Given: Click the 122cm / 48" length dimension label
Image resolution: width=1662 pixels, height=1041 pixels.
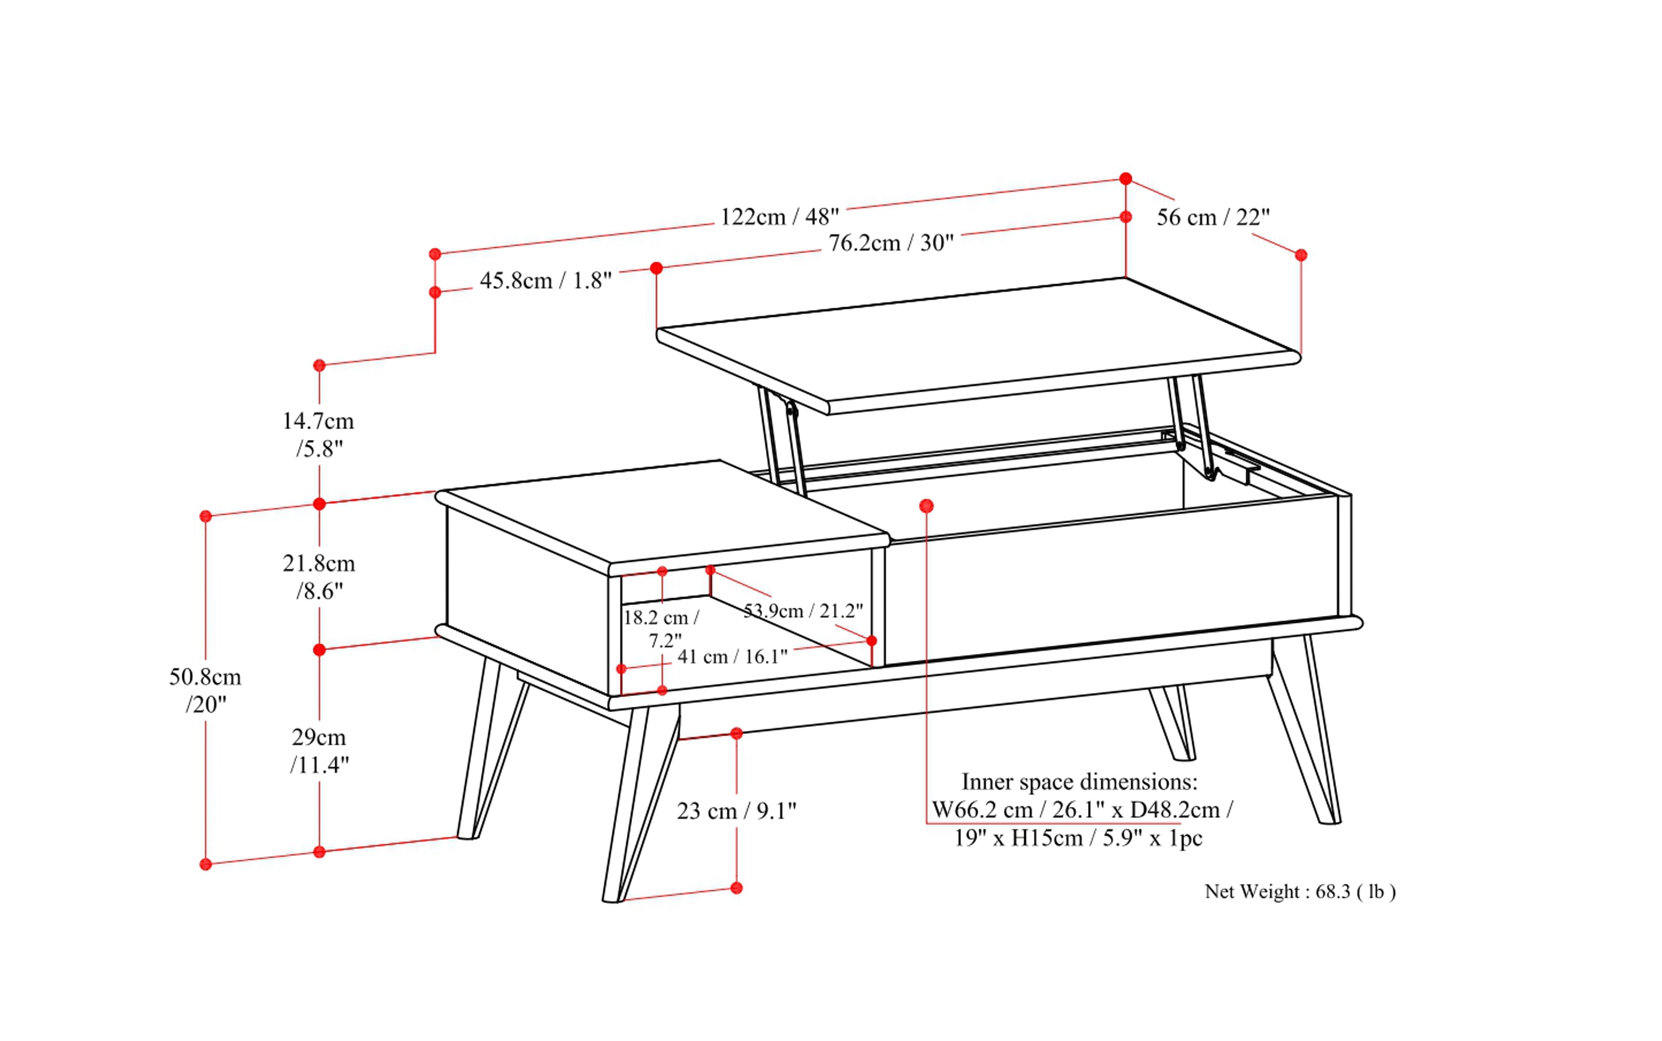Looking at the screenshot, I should click(779, 217).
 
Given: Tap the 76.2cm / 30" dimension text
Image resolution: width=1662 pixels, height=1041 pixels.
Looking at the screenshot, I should click(891, 243).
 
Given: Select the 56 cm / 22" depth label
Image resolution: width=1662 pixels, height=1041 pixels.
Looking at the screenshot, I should click(1212, 217).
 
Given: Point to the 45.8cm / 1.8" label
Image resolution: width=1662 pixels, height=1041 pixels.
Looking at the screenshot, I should click(545, 281).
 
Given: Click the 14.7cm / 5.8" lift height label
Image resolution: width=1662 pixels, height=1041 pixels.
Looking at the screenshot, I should click(318, 434).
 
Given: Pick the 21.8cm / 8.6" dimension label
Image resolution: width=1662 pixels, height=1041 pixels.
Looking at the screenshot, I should click(318, 577).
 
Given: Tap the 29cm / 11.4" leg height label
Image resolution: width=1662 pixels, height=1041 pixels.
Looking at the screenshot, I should click(319, 751).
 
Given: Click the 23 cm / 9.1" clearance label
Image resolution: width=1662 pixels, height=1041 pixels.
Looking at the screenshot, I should click(736, 811).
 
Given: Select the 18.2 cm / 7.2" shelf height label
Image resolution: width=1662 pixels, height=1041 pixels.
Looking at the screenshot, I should click(661, 629).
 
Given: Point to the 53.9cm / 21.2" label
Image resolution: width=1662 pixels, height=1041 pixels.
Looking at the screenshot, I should click(803, 611).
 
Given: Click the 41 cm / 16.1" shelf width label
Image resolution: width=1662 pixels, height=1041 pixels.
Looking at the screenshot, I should click(732, 657).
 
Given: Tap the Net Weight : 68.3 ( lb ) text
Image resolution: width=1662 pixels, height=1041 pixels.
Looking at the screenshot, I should click(1299, 891).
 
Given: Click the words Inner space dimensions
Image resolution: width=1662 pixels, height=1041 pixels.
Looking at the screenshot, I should click(1079, 782).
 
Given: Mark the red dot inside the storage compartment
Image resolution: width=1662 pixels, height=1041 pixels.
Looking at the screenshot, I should click(926, 506).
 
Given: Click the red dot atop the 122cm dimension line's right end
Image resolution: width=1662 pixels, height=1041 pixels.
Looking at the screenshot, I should click(1125, 179).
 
